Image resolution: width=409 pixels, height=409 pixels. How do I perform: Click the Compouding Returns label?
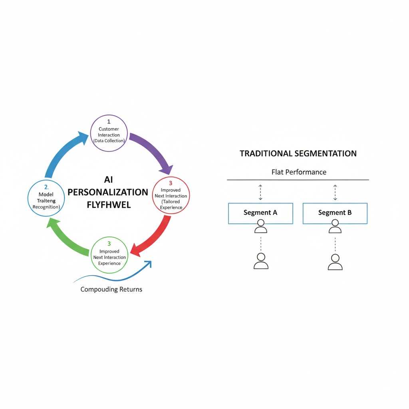click(111, 289)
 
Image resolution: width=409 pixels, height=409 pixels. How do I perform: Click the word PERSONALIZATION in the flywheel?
click(108, 192)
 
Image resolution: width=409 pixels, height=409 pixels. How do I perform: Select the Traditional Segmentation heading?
click(298, 153)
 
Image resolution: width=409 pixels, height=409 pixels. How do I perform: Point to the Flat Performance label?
click(299, 172)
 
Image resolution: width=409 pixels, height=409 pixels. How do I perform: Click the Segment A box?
click(260, 213)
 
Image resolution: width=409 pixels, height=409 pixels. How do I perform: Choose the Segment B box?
click(335, 213)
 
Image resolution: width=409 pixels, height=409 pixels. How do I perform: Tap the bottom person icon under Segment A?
click(261, 261)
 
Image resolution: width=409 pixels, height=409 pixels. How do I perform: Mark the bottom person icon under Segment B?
click(335, 262)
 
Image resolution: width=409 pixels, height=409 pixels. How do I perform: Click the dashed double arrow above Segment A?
click(260, 192)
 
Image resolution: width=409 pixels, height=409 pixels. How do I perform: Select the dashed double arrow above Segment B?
click(335, 192)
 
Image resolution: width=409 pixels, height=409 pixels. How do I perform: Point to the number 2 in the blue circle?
click(45, 187)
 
